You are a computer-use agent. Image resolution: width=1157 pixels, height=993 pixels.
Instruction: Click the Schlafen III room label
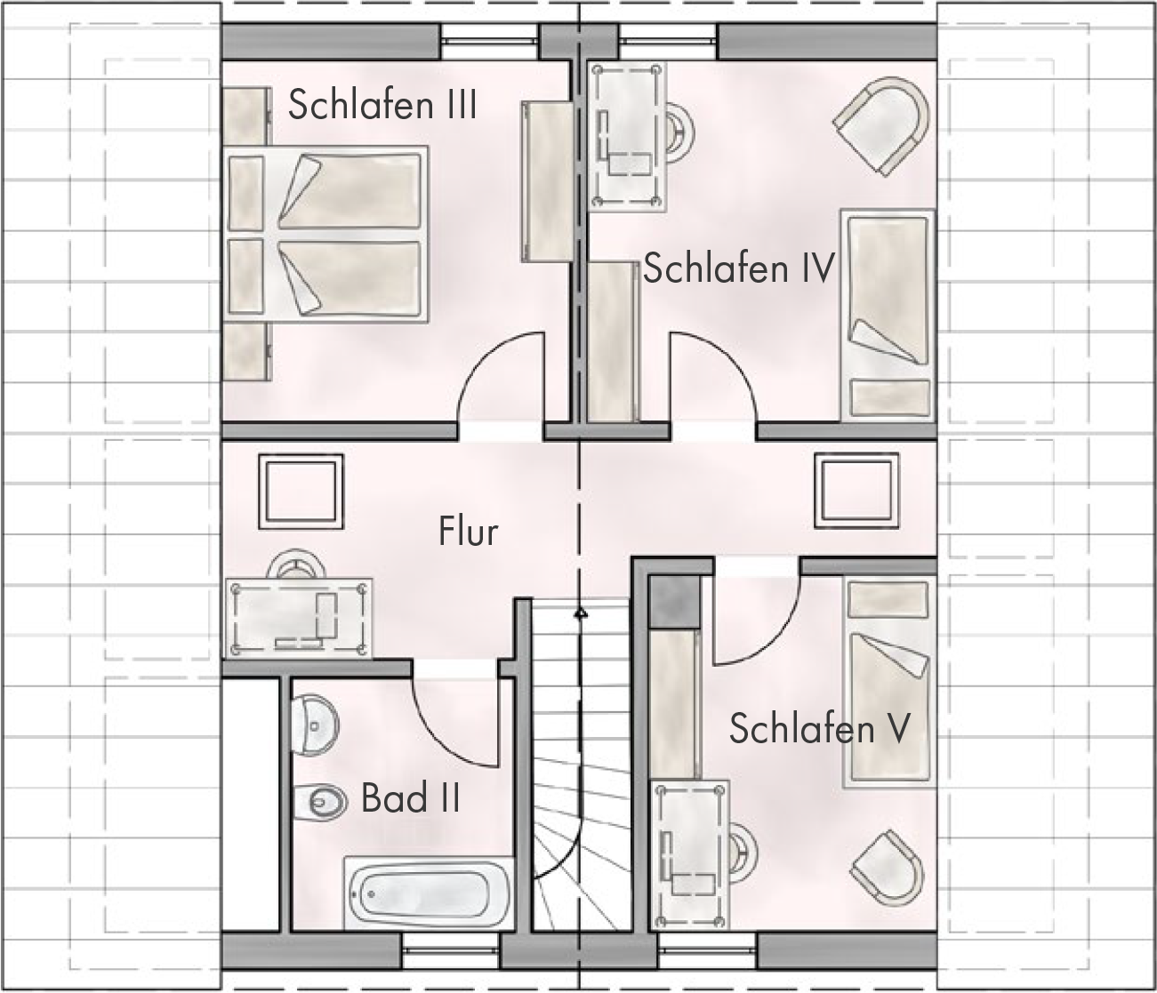[382, 104]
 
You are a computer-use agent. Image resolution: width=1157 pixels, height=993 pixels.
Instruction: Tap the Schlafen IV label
[739, 268]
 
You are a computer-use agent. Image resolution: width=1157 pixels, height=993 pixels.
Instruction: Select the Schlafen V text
[819, 728]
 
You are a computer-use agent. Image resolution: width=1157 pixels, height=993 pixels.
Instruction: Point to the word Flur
[468, 531]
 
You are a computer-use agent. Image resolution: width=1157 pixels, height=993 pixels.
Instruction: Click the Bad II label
[411, 797]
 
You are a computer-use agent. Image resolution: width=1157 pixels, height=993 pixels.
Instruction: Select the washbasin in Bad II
[315, 725]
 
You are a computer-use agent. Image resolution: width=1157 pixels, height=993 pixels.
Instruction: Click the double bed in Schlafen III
[325, 235]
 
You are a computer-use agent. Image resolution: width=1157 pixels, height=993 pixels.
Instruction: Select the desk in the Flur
[299, 618]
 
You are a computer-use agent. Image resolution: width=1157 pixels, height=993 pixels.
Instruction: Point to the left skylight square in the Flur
[301, 492]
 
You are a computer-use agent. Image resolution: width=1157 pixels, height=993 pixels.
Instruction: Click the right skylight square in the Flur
[857, 491]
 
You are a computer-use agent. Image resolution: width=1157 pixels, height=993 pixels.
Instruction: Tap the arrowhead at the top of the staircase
[581, 613]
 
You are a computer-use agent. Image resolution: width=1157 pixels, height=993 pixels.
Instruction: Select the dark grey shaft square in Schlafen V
[675, 602]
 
